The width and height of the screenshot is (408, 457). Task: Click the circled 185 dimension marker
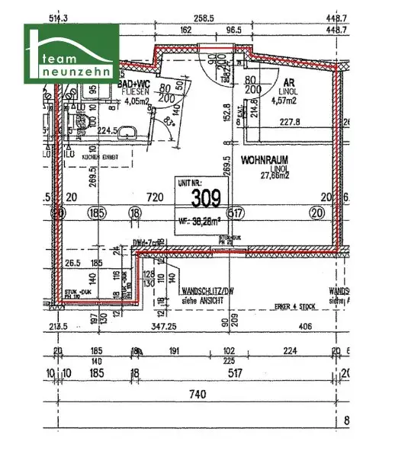(x=96, y=214)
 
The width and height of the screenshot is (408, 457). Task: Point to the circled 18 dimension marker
(x=135, y=214)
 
